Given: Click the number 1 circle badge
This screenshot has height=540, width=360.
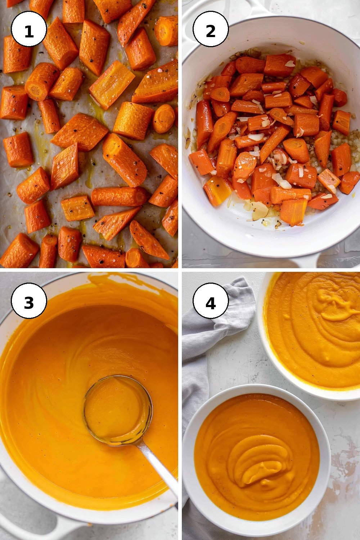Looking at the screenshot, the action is coord(29,29).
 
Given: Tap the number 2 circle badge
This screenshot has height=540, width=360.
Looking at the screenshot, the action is coord(211,29).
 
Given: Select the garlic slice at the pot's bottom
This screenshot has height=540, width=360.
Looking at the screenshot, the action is coord(260,211).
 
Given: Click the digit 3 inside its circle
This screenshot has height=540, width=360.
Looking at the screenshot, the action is coord(29,303).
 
